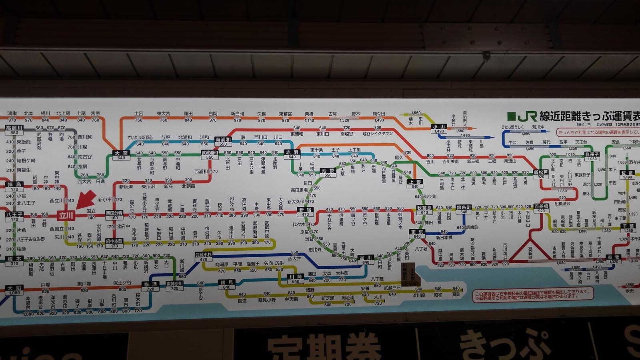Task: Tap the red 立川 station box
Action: click(66, 216)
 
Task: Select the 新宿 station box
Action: click(305, 212)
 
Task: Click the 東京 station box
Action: click(417, 234)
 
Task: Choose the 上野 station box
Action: click(415, 184)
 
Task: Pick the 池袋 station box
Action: click(328, 173)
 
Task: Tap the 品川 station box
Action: click(366, 260)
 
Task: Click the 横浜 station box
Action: click(150, 286)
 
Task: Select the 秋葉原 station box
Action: click(424, 210)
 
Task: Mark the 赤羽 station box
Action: click(292, 154)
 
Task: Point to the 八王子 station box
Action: click(14, 217)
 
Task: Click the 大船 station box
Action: click(14, 290)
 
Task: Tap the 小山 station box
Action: click(439, 129)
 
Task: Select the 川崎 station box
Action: click(296, 279)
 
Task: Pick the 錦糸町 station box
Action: click(464, 210)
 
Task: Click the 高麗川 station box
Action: click(14, 130)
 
